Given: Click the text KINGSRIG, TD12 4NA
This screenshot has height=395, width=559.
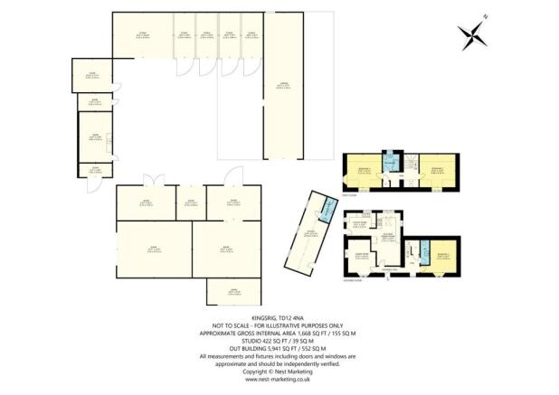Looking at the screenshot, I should tap(279, 317).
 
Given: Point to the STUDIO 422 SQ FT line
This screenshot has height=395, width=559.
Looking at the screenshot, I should tap(279, 340).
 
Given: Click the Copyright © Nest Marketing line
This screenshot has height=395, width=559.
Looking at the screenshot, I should tap(279, 371).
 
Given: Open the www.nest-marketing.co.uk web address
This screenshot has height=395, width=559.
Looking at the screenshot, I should tap(279, 380).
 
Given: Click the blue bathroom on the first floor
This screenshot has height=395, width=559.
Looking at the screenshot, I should tap(390, 163).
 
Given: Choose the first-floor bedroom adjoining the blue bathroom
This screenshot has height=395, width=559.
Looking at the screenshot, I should tap(361, 171).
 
